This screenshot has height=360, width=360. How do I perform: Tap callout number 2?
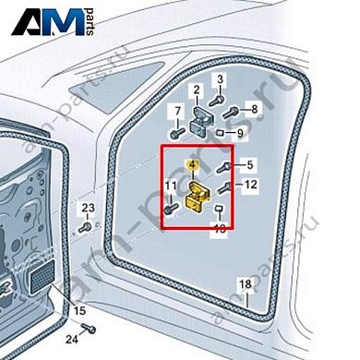[x=196, y=90]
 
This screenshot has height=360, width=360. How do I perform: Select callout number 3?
[x=220, y=79]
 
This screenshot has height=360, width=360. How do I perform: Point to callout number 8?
[x=255, y=109]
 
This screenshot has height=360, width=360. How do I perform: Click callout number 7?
[x=174, y=111]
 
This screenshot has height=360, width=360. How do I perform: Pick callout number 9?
[x=240, y=133]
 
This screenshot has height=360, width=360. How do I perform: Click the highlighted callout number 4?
[x=192, y=164]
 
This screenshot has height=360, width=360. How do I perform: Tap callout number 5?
[x=248, y=165]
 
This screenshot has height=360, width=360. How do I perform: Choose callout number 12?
[x=249, y=186]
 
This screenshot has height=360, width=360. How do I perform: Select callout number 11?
[x=170, y=187]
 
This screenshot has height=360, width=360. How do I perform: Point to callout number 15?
[x=79, y=309]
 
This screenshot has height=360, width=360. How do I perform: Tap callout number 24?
[x=71, y=339]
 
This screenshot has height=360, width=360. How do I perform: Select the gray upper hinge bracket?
[x=203, y=116]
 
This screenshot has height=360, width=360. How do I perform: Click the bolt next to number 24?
[x=90, y=329]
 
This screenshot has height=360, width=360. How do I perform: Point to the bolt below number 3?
[x=218, y=102]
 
